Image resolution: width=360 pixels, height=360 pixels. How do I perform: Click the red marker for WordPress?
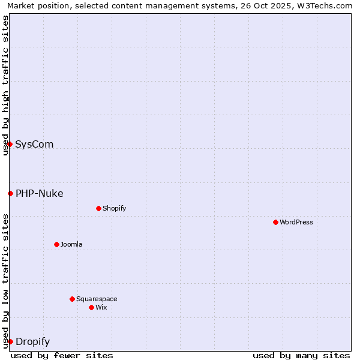[275, 222]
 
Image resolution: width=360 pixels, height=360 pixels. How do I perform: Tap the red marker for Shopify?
[98, 208]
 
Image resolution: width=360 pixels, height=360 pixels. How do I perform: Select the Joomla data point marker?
[56, 244]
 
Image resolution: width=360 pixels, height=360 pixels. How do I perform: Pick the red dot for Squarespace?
[72, 299]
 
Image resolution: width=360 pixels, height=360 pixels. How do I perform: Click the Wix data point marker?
[91, 307]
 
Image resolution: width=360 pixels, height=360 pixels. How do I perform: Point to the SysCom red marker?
[10, 144]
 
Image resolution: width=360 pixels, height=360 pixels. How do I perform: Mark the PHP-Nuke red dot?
[10, 193]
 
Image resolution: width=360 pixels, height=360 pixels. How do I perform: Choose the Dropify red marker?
[10, 341]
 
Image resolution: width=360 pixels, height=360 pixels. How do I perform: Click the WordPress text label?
[296, 222]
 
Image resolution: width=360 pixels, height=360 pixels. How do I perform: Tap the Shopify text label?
[115, 208]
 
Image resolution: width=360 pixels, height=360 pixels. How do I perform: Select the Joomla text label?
[71, 244]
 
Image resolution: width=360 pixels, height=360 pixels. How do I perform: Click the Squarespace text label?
[97, 299]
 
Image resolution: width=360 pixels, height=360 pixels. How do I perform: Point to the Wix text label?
[101, 307]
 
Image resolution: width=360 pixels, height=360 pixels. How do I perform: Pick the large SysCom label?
[34, 144]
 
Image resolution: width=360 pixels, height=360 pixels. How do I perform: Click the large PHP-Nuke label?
[40, 193]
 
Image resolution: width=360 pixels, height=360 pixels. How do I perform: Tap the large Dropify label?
[32, 341]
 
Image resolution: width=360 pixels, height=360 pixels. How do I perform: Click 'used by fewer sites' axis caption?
[62, 355]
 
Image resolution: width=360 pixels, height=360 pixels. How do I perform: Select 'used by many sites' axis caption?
[301, 355]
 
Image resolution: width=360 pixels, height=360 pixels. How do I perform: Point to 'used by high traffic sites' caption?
[6, 85]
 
